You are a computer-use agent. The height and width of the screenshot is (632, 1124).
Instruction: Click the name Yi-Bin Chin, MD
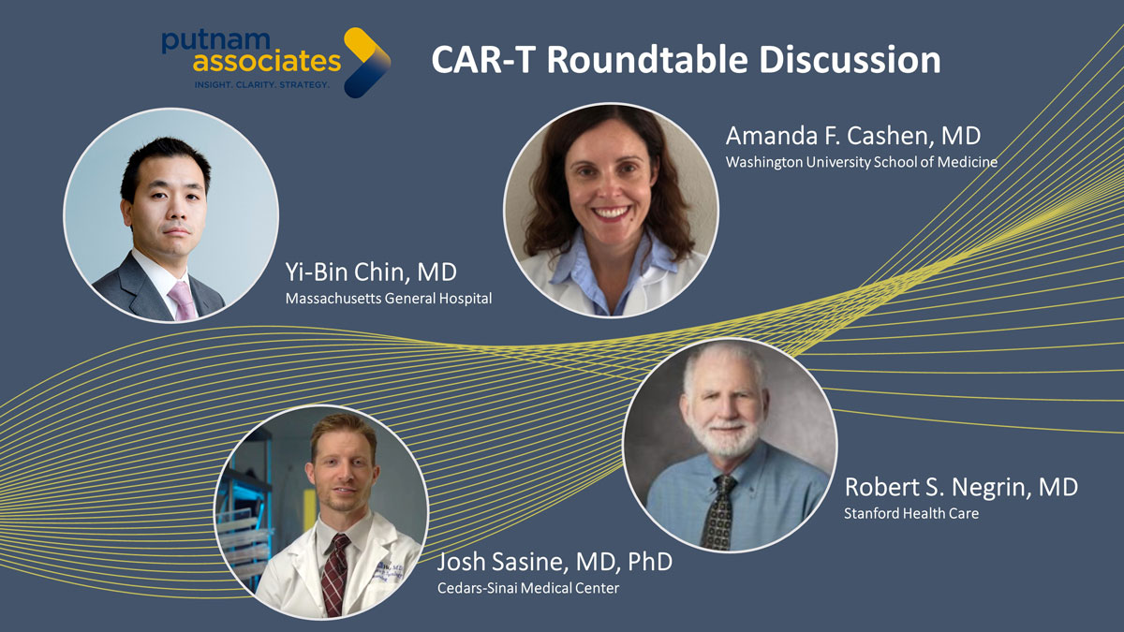point(371,272)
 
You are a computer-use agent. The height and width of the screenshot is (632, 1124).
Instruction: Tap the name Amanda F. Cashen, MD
point(853,136)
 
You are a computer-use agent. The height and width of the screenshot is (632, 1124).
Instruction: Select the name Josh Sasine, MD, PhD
point(555,562)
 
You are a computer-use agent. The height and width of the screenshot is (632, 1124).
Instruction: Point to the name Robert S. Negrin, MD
point(961,487)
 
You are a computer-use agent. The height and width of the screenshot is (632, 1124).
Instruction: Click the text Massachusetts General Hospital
point(389,299)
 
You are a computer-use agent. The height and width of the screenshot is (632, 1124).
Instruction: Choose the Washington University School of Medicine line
point(862,162)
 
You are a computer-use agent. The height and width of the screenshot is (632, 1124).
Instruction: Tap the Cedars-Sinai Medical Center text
point(528,588)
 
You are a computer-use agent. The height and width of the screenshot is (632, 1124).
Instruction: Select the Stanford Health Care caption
point(911,514)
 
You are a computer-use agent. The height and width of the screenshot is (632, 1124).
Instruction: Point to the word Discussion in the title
point(850,60)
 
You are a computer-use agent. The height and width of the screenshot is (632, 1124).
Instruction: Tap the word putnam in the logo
point(216,42)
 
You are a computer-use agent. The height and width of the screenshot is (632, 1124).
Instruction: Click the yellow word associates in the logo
point(267,62)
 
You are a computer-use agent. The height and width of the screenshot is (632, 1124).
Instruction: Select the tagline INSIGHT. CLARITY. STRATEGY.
point(262,85)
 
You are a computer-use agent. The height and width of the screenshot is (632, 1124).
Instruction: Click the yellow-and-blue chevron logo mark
point(367,63)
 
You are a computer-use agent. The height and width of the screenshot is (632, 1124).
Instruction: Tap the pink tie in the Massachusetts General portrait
point(183,300)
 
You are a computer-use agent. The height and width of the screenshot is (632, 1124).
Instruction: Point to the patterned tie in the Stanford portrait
point(720,512)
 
